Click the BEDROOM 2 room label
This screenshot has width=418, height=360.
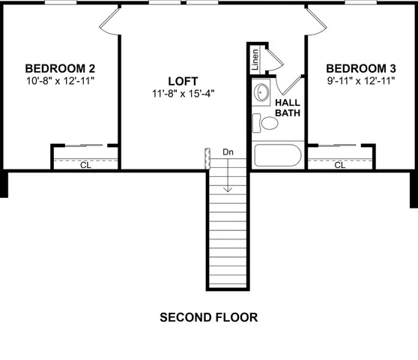(60, 67)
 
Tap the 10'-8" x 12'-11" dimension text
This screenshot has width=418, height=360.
(60, 79)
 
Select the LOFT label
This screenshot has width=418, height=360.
(184, 81)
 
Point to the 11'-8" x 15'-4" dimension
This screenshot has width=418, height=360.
(184, 94)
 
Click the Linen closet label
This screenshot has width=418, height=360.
(255, 59)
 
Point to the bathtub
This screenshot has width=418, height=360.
(277, 156)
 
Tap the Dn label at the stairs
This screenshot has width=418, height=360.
(228, 152)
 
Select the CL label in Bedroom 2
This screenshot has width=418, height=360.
(85, 165)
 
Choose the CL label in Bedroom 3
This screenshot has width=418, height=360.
(340, 165)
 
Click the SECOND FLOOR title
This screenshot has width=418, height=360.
(209, 317)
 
